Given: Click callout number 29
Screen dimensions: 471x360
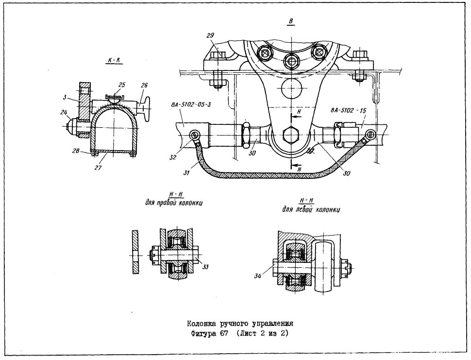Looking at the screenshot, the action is pyautogui.click(x=210, y=35).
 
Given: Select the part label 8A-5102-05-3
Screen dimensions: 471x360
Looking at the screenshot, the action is pyautogui.click(x=191, y=105).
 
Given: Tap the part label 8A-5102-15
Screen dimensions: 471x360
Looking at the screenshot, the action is pyautogui.click(x=349, y=111).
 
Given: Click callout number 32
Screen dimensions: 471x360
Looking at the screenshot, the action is pyautogui.click(x=173, y=157).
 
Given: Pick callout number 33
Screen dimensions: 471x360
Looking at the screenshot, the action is pyautogui.click(x=205, y=267).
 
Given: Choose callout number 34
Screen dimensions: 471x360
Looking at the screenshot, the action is pyautogui.click(x=258, y=276).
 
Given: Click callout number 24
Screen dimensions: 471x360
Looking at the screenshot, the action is pyautogui.click(x=63, y=113).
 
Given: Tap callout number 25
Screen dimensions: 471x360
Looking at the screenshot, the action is pyautogui.click(x=121, y=85).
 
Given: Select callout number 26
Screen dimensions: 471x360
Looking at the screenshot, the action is pyautogui.click(x=144, y=86).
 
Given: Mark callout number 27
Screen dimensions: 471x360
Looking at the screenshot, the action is pyautogui.click(x=98, y=168).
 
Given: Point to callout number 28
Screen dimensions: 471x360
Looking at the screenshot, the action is pyautogui.click(x=76, y=151).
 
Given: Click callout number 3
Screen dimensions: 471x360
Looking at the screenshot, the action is pyautogui.click(x=65, y=98).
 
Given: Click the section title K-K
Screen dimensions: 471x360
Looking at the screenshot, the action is pyautogui.click(x=114, y=60).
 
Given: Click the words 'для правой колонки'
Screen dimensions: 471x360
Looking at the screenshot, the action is pyautogui.click(x=174, y=203).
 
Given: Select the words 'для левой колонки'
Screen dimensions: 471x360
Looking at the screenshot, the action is pyautogui.click(x=311, y=209).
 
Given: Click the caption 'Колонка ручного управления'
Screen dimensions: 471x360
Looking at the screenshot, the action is pyautogui.click(x=240, y=324).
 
